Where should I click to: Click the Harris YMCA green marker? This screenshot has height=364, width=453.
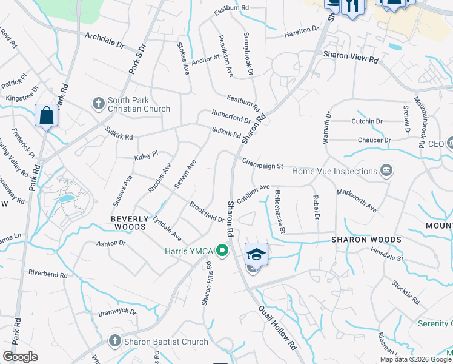[222, 250]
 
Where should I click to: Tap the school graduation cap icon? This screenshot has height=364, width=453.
[256, 254]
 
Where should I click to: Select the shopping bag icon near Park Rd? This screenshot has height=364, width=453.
[47, 115]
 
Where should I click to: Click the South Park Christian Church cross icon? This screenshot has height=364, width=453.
[98, 104]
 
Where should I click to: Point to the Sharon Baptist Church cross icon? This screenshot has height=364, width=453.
[114, 341]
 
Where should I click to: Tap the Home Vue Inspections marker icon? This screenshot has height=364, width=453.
[386, 171]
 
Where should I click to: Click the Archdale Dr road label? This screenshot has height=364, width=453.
[104, 40]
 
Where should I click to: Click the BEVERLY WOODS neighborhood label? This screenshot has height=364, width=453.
[128, 223]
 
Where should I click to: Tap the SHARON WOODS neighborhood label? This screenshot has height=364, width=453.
[366, 240]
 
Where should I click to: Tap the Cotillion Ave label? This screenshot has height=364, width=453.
[253, 194]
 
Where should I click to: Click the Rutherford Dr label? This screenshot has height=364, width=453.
[231, 116]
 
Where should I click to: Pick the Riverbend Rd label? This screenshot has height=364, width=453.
[48, 274]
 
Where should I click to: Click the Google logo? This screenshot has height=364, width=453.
[20, 357]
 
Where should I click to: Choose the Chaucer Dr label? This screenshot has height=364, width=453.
[374, 140]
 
